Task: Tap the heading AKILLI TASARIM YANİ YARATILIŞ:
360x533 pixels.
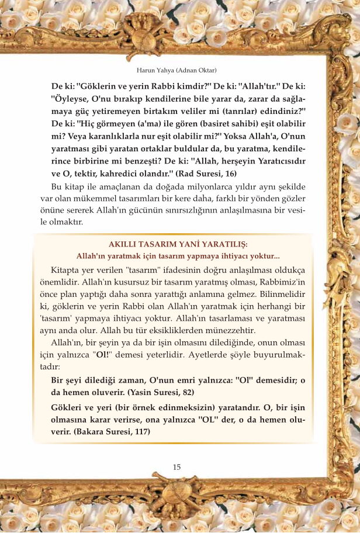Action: click(x=179, y=244)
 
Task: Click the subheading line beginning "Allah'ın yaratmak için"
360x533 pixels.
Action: click(x=178, y=256)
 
